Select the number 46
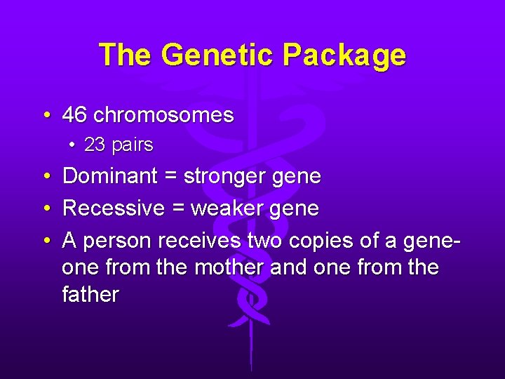tap(74, 114)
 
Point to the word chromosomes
tap(163, 114)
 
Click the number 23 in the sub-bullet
tap(95, 145)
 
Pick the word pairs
tap(132, 145)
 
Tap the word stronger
tap(227, 176)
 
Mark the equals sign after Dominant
tap(170, 177)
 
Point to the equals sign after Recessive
tap(178, 209)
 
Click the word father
tap(90, 294)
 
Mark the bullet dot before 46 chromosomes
tap(46, 115)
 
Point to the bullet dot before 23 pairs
tap(74, 146)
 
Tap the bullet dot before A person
tap(46, 241)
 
